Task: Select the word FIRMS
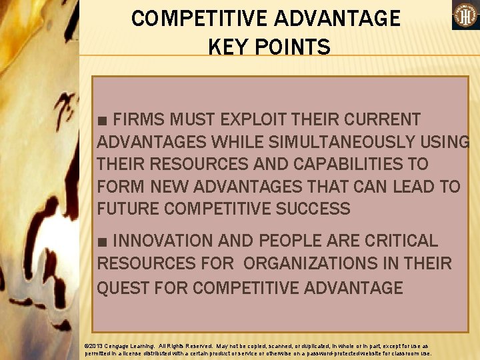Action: click(141, 120)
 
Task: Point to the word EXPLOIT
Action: click(251, 120)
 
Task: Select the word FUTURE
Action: click(128, 209)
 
